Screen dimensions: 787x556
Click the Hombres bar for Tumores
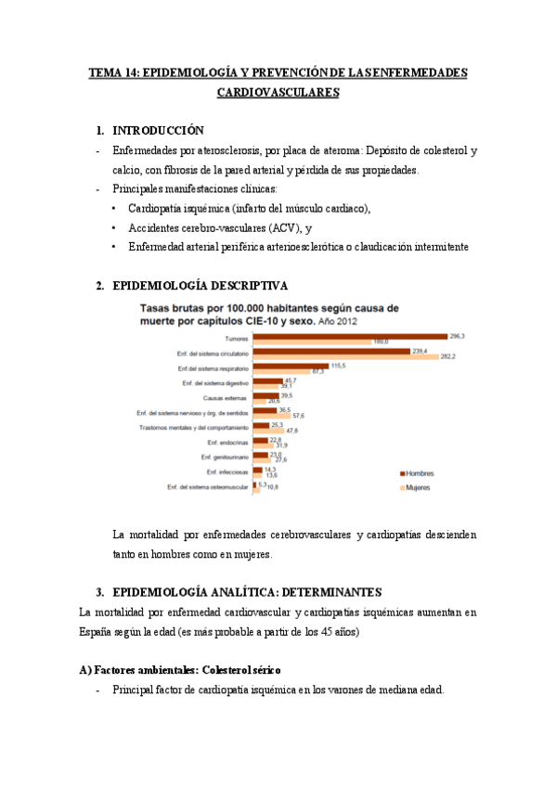350,336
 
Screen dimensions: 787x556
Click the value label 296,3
457,335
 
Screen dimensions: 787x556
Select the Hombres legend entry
415,473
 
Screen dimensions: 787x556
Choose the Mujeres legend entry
414,487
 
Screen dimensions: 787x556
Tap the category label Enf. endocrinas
226,443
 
